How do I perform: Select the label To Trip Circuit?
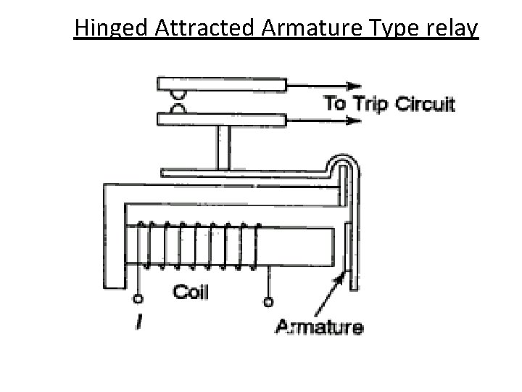389,103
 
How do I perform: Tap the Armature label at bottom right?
320,327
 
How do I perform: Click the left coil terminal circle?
136,299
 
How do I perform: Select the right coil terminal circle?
269,301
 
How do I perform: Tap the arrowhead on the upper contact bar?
355,83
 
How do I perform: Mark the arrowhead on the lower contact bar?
355,120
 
